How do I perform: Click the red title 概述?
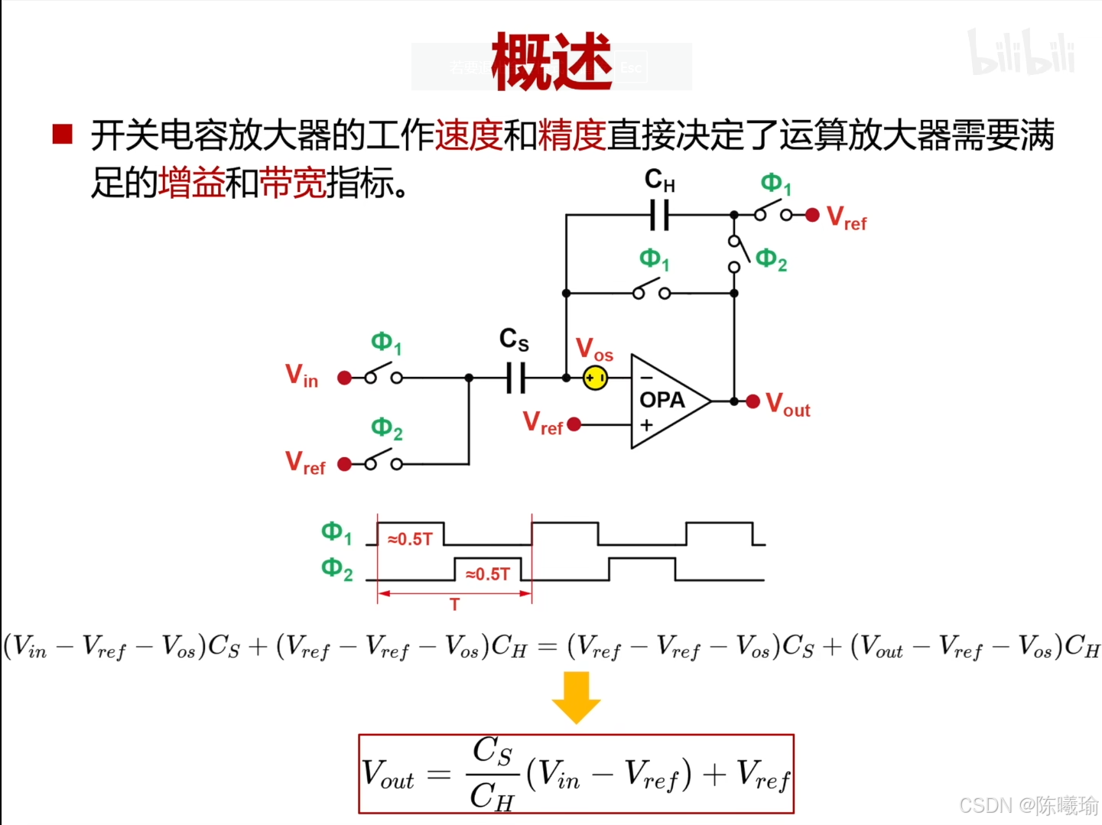551,61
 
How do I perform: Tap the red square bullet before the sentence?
62,135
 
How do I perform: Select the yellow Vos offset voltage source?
595,378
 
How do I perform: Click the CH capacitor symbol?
659,215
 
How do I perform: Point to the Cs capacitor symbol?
516,378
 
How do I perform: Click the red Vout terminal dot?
753,401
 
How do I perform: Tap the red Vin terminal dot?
345,378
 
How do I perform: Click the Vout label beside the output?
788,404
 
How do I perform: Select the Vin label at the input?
301,375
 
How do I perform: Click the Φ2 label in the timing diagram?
336,569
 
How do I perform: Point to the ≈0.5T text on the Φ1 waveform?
411,539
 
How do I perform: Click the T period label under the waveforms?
455,605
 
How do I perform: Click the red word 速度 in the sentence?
469,135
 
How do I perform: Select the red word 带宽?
293,184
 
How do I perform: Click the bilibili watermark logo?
1021,53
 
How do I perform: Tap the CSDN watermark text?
1028,805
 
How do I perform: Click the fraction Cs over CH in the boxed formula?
492,773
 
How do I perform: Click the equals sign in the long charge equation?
547,648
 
